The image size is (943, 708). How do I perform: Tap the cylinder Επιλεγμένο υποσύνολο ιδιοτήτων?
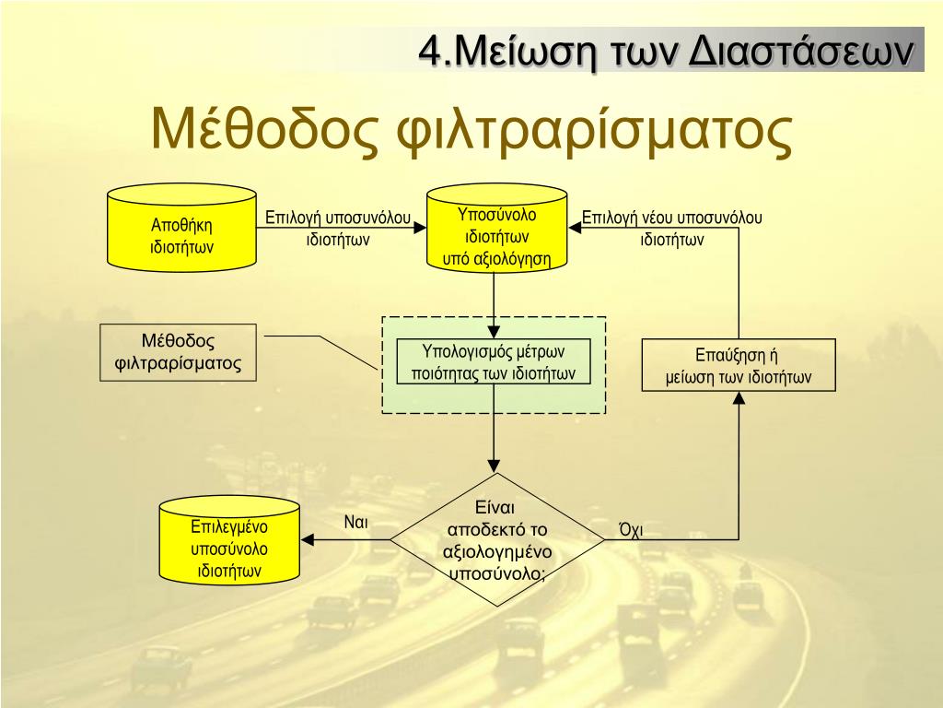pyautogui.click(x=229, y=546)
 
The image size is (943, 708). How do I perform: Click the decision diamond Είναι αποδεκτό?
pyautogui.click(x=497, y=540)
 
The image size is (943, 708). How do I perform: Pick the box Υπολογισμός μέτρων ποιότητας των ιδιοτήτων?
pyautogui.click(x=494, y=362)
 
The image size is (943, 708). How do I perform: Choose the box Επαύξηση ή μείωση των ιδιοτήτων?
pyautogui.click(x=739, y=366)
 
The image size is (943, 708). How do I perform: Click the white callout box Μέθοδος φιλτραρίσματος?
pyautogui.click(x=178, y=353)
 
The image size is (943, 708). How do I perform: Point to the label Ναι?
pyautogui.click(x=356, y=522)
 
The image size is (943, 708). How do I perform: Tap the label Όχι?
pyautogui.click(x=631, y=529)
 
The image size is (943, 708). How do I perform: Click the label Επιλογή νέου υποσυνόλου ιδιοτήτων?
pyautogui.click(x=672, y=229)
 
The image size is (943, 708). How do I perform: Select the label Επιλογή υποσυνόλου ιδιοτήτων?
pyautogui.click(x=338, y=229)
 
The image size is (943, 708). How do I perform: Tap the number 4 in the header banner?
pyautogui.click(x=429, y=50)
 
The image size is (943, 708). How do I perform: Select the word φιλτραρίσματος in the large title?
pyautogui.click(x=594, y=133)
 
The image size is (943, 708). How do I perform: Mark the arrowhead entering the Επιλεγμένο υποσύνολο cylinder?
pyautogui.click(x=309, y=540)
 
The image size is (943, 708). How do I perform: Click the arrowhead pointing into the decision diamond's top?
pyautogui.click(x=495, y=466)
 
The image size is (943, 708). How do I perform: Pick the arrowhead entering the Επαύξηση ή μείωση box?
pyautogui.click(x=739, y=398)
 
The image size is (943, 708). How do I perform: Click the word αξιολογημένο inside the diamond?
pyautogui.click(x=497, y=552)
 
